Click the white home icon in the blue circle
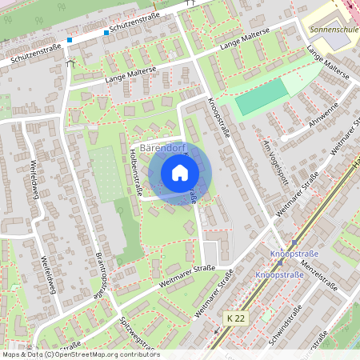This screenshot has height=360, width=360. tap(180, 173)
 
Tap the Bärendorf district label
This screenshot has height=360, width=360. tap(163, 149)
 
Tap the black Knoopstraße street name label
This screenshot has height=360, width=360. tap(218, 117)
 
